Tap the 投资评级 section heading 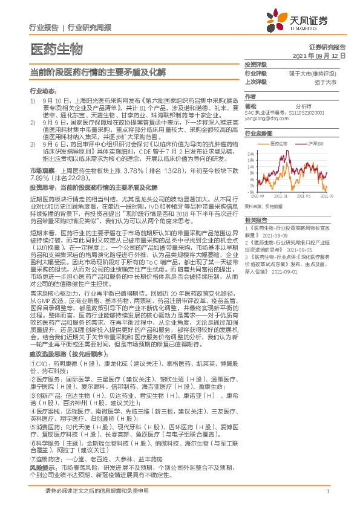click(x=256, y=63)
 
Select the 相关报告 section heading click(x=256, y=221)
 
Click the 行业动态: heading click(x=42, y=89)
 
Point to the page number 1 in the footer click(x=327, y=491)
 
